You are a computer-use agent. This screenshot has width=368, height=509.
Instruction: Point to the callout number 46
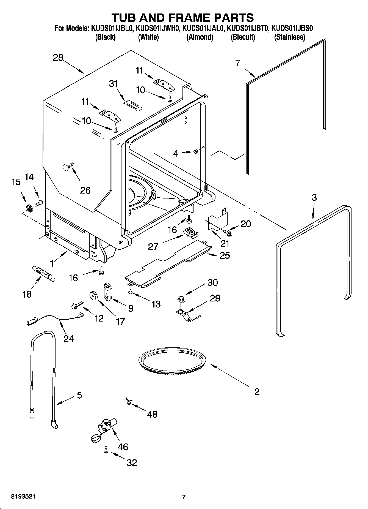123,447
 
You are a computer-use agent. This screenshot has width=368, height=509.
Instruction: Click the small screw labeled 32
106,450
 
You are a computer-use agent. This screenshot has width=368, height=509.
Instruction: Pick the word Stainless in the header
289,37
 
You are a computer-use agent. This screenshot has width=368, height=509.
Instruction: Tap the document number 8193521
24,496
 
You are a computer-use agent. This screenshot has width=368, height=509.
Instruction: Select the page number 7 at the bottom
184,497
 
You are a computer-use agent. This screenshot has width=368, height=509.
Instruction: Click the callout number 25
225,255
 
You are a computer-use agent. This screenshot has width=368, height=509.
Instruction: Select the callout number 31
113,83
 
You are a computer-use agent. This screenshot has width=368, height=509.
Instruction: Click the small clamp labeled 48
128,402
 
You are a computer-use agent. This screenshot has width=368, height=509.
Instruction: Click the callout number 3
314,197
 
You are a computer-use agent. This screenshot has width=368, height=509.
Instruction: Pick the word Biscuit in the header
243,37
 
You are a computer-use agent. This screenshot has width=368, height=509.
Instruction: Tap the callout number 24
68,338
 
